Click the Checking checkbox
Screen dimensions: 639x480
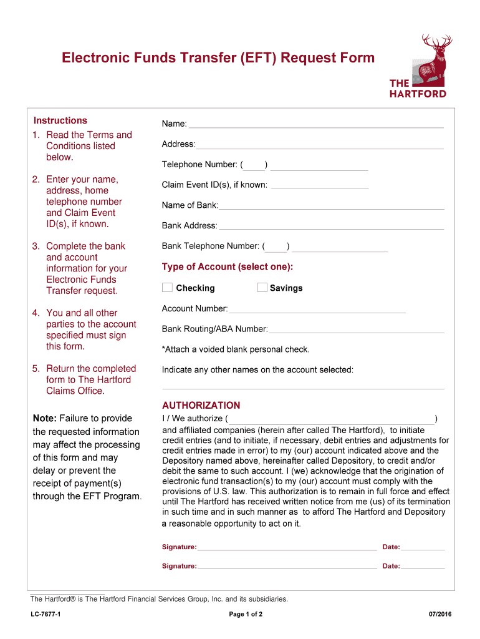pos(167,288)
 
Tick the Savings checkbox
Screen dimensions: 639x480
pos(262,288)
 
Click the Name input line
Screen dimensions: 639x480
pos(316,124)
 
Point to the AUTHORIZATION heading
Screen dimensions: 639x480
pos(201,406)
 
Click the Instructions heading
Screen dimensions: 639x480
pos(60,120)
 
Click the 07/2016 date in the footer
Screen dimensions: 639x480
pos(439,615)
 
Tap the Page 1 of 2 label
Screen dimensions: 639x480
pos(246,615)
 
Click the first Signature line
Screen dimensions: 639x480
pos(287,548)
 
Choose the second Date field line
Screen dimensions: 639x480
pos(423,567)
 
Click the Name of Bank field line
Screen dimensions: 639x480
pos(331,206)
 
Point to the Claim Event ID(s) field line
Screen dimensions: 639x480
pos(320,185)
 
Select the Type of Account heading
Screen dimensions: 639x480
pos(227,267)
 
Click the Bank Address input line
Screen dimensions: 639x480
pos(331,227)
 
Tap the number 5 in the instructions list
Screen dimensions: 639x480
pos(36,369)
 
